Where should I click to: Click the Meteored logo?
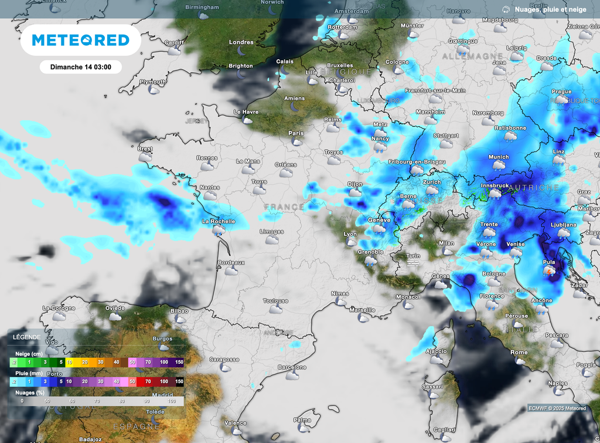click(x=80, y=40)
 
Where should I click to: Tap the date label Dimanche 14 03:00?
click(x=80, y=67)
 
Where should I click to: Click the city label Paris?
click(x=296, y=133)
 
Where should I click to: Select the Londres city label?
click(x=241, y=42)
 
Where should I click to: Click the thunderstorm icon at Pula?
click(x=549, y=271)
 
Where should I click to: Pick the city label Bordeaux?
click(x=231, y=262)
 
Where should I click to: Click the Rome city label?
click(x=519, y=352)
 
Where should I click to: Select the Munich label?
click(x=499, y=157)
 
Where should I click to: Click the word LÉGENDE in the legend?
click(x=28, y=337)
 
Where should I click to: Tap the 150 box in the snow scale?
click(x=179, y=363)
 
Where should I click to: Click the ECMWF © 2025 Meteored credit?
click(x=557, y=408)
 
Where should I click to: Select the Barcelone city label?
click(x=292, y=367)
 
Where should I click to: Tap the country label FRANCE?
click(x=284, y=207)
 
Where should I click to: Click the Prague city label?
click(x=561, y=92)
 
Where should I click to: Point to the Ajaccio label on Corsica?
click(x=436, y=351)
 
